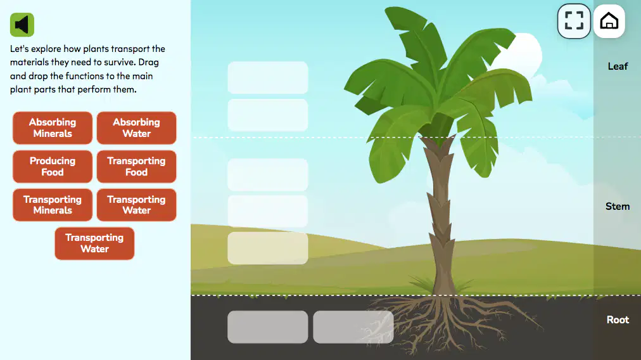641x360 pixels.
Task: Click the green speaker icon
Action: coord(22,25)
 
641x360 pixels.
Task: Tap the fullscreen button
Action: coord(574,21)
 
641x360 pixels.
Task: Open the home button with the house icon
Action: coord(609,22)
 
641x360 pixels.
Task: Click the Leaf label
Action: coord(618,67)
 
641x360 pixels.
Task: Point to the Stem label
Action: coord(618,206)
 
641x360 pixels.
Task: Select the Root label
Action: coord(618,319)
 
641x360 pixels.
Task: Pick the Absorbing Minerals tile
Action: coord(53,127)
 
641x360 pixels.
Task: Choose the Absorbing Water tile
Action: coord(137,127)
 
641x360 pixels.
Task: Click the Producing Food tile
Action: coord(53,166)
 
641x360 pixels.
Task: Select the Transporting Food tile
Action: coord(137,166)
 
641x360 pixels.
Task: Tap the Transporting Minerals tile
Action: coord(53,205)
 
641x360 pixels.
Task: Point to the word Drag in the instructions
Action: coord(148,63)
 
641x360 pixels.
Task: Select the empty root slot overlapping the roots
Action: coord(353,327)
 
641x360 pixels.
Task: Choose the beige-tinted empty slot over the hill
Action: coord(268,248)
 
